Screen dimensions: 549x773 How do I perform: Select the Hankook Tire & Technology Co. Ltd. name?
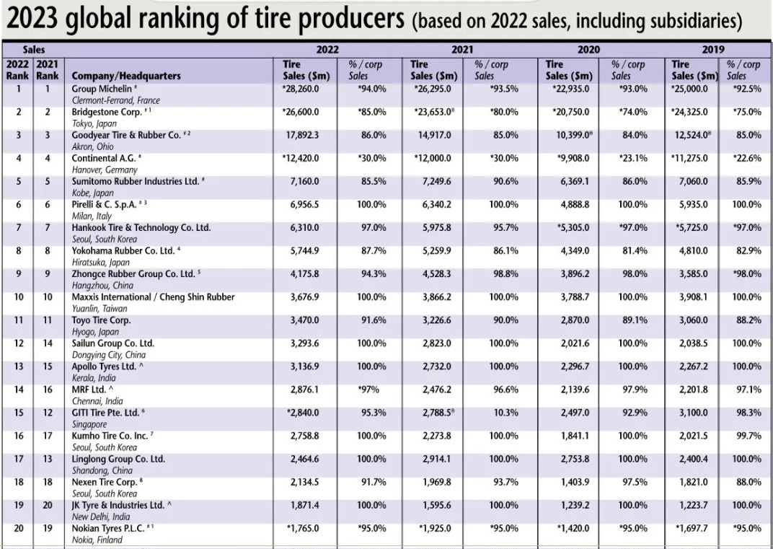tap(141, 228)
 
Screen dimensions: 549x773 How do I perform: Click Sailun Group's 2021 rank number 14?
tap(48, 343)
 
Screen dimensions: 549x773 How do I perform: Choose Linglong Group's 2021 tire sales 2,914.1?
tap(435, 459)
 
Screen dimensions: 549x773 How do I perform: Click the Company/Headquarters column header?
tap(126, 76)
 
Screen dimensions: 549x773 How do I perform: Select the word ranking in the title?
tap(172, 19)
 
